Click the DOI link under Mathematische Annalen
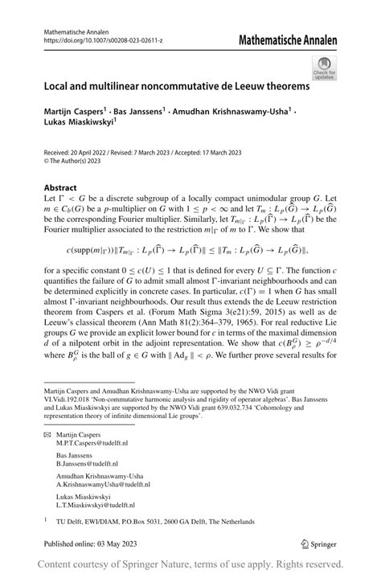(x=96, y=41)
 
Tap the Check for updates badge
(x=324, y=68)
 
